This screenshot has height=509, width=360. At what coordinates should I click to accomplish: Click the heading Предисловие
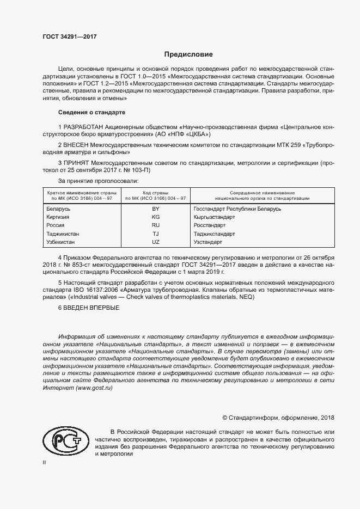click(x=189, y=54)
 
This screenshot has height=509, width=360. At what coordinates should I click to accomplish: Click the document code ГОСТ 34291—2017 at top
click(x=69, y=36)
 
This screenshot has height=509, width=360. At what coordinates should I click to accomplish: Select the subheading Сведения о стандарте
click(x=91, y=112)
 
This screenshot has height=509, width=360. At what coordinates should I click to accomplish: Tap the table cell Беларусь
click(x=59, y=209)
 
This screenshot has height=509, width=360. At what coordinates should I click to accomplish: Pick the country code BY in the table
click(x=155, y=209)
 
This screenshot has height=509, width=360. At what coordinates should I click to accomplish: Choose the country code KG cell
click(x=155, y=217)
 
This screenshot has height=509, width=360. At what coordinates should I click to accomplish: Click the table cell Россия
click(x=56, y=225)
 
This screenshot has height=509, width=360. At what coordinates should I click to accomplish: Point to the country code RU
click(x=155, y=225)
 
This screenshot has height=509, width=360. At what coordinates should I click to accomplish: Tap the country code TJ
click(x=155, y=233)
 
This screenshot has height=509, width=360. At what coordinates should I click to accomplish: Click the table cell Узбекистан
click(x=61, y=241)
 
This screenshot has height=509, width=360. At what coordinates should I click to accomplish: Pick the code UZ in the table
click(x=155, y=241)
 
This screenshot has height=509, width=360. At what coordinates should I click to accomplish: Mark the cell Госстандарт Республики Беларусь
click(x=237, y=209)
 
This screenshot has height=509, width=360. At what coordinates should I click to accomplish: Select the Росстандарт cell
click(x=210, y=225)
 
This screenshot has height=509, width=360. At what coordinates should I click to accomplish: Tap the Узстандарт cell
click(x=208, y=241)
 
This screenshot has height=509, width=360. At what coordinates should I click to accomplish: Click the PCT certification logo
click(x=64, y=439)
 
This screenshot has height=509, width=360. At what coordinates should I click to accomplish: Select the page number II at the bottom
click(x=44, y=462)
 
